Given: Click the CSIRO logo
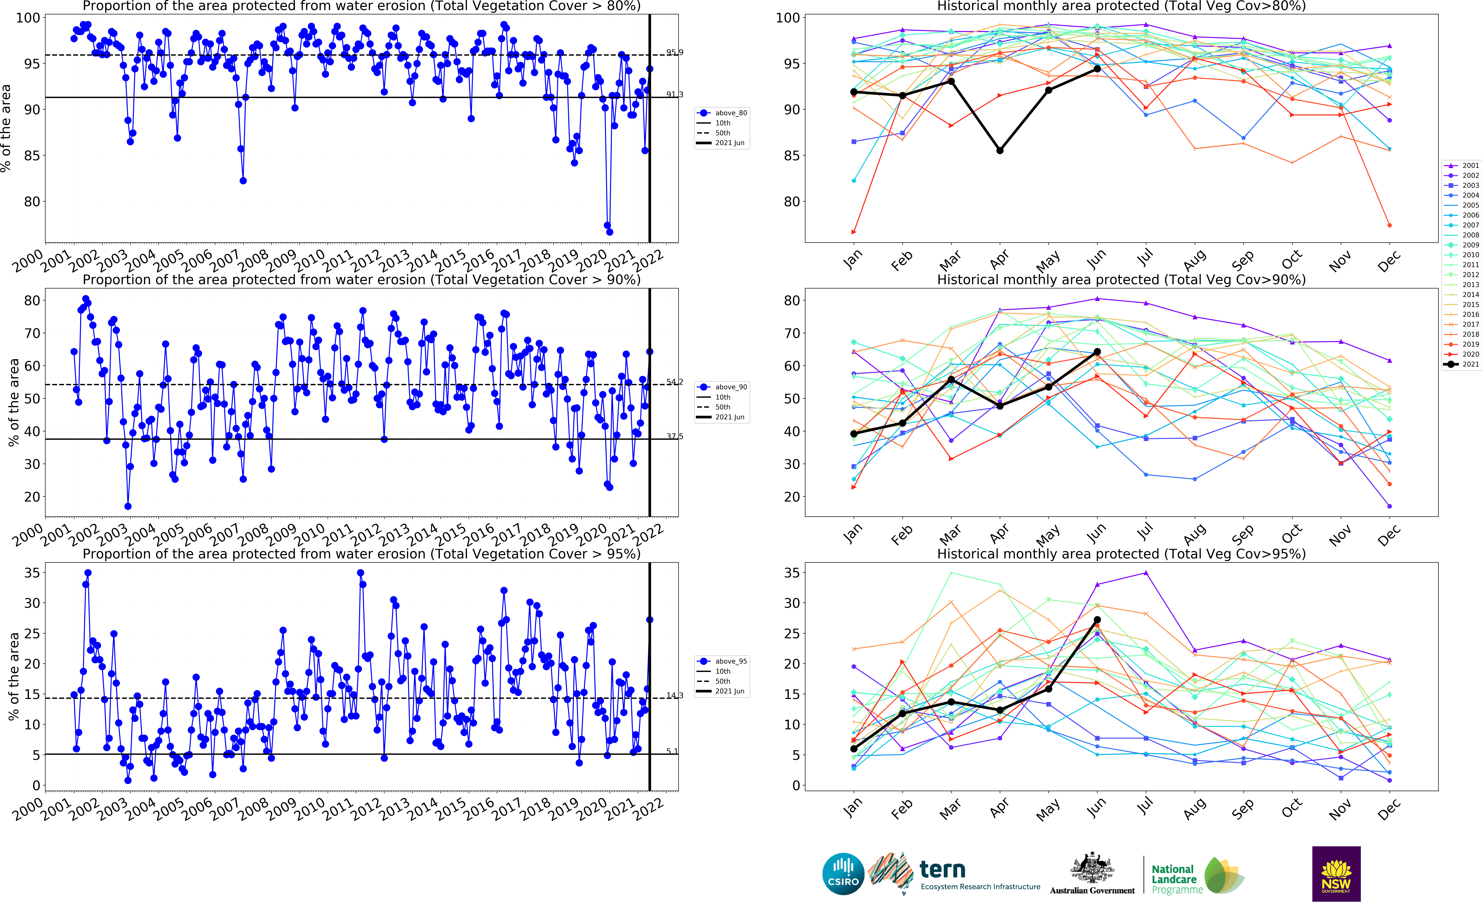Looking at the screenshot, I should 843,874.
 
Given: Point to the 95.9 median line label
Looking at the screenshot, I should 675,52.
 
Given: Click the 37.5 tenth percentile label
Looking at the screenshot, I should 675,436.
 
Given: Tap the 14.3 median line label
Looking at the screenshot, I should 675,696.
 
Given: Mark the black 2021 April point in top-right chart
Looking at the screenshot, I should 999,150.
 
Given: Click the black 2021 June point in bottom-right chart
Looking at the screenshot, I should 1097,620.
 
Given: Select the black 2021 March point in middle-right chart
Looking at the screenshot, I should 951,379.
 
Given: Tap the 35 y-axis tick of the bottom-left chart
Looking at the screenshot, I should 32,572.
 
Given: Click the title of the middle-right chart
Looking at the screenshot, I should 1121,280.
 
